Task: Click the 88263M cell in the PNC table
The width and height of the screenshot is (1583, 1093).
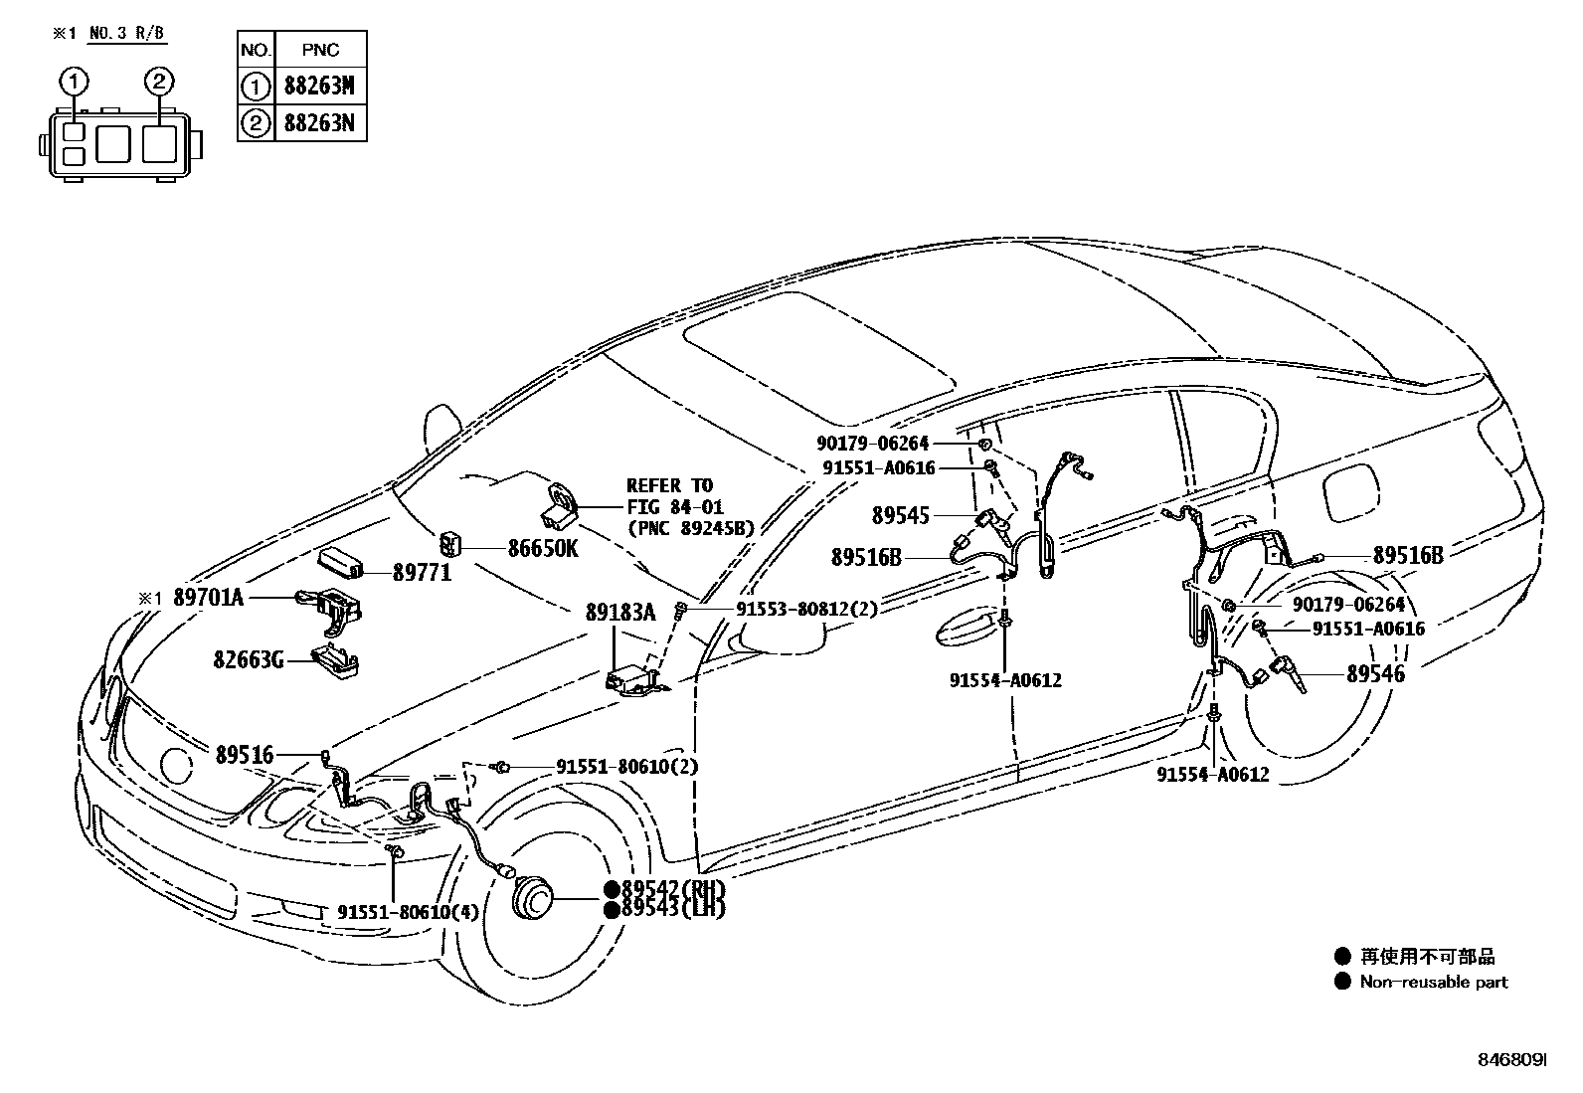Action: pyautogui.click(x=319, y=87)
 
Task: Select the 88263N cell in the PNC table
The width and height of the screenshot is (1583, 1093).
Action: pyautogui.click(x=319, y=124)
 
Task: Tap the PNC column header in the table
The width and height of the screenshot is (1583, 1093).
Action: pyautogui.click(x=319, y=49)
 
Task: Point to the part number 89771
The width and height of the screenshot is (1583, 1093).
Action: pyautogui.click(x=422, y=572)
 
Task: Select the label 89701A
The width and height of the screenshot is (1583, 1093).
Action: pyautogui.click(x=208, y=597)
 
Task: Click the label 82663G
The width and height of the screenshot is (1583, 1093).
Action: pyautogui.click(x=248, y=658)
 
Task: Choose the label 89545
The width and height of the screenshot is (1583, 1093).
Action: pyautogui.click(x=901, y=515)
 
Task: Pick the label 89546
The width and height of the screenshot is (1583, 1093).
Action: pyautogui.click(x=1376, y=674)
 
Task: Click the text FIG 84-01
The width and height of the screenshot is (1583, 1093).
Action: pyautogui.click(x=674, y=507)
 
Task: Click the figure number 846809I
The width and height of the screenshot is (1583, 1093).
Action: pyautogui.click(x=1511, y=1062)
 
